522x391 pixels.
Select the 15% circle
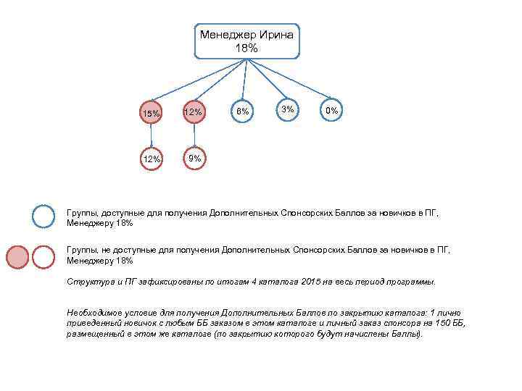pos(152,113)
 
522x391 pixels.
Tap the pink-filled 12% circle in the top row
pos(193,112)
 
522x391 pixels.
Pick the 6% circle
pos(242,112)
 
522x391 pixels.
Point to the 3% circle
pos(288,109)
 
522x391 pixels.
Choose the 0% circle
pos(332,110)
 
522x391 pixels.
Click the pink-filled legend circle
pos(18,256)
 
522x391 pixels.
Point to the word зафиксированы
pos(165,281)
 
